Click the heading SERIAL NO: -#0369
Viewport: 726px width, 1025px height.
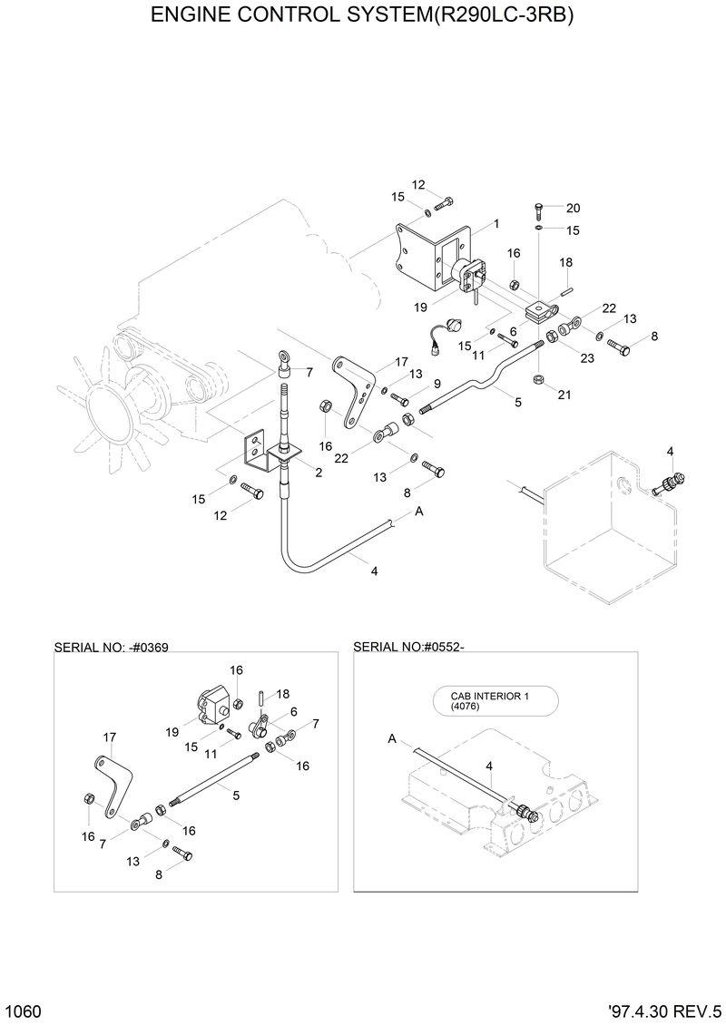coord(112,648)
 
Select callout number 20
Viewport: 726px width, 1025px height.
coord(572,208)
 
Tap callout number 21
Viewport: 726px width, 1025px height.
coord(564,395)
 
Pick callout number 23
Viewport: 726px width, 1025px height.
coord(587,357)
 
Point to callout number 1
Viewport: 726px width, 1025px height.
coord(496,223)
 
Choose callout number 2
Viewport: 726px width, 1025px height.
coord(319,472)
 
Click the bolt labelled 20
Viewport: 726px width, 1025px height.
coord(538,212)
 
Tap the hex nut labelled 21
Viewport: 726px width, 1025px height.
coord(537,378)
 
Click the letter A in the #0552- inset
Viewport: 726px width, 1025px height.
coord(392,739)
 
